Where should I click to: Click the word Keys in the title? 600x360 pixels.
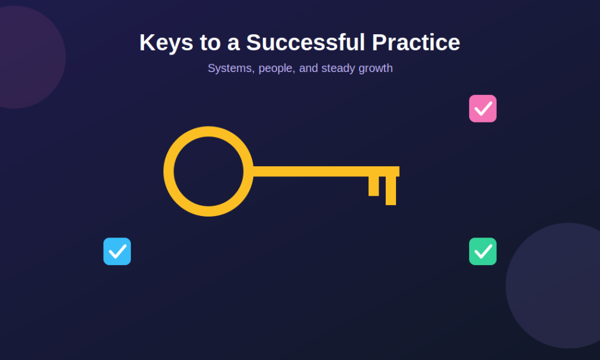click(x=166, y=43)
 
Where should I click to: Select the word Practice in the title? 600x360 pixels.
click(x=416, y=42)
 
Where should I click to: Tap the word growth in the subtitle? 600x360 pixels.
click(x=376, y=68)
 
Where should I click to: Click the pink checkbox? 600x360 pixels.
click(x=483, y=109)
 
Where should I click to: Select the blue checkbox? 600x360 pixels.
click(x=117, y=251)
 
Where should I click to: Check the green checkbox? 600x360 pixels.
click(x=483, y=251)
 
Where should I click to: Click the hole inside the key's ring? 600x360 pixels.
click(x=209, y=172)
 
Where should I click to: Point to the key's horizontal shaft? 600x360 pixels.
click(x=326, y=172)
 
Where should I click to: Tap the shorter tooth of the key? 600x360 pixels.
click(x=373, y=186)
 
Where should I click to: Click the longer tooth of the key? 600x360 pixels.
click(x=391, y=191)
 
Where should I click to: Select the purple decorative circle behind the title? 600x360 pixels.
click(x=23, y=58)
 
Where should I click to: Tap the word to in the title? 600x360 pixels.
click(x=210, y=43)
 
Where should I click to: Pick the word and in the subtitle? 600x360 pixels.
click(x=308, y=68)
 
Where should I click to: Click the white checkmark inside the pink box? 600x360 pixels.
click(x=483, y=109)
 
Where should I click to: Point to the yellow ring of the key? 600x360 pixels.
click(x=169, y=172)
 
